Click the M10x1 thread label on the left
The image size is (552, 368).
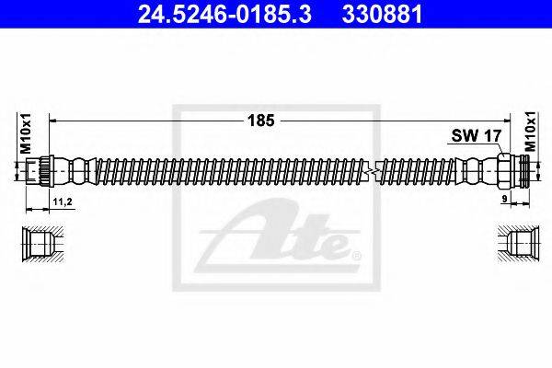coord(26,134)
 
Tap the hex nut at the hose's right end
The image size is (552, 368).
coord(508,172)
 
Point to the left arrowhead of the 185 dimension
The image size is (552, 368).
coord(53,120)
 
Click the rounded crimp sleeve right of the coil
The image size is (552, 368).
coord(473,172)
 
